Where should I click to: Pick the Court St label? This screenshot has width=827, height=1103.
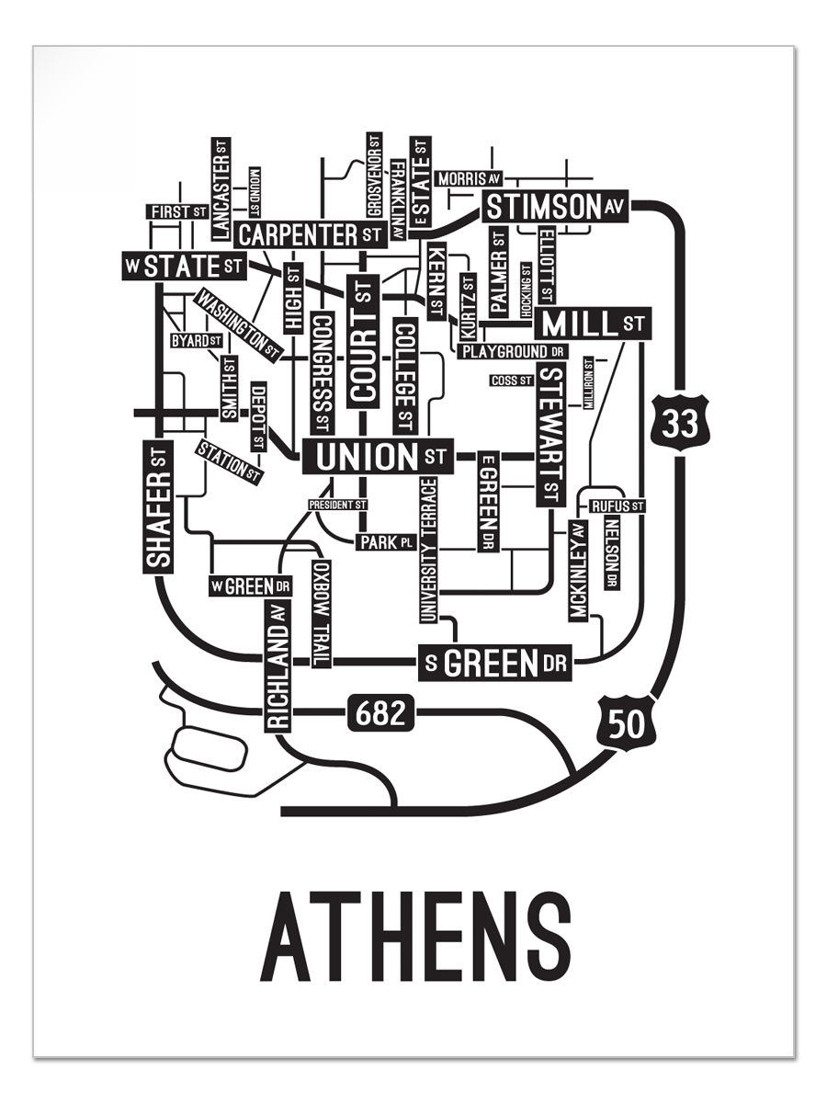[x=364, y=340]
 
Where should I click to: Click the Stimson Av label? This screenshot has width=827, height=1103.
[x=555, y=208]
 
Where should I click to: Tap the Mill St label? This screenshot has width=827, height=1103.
[x=593, y=324]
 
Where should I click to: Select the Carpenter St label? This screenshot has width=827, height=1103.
[x=309, y=233]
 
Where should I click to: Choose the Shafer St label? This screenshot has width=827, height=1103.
[x=159, y=505]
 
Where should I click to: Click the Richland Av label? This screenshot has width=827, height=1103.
[x=278, y=665]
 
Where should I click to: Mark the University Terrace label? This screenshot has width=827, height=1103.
[x=428, y=550]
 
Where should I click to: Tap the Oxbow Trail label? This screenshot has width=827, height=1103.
[x=321, y=613]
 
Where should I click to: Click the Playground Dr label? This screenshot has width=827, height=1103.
[x=514, y=351]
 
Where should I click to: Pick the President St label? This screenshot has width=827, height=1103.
[x=337, y=505]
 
